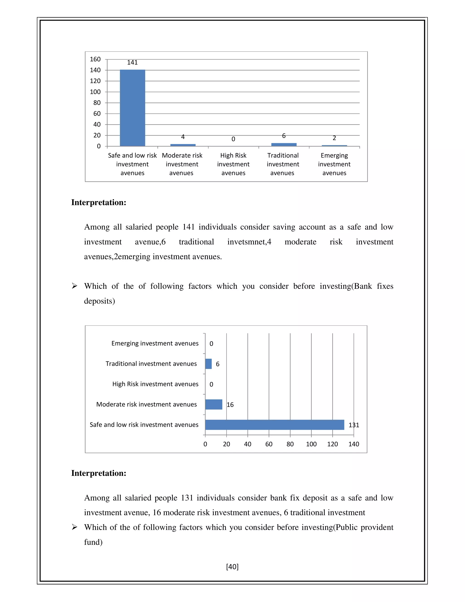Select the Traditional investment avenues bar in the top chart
coord(284,144)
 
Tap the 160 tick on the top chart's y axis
coord(95,59)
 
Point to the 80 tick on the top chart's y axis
coord(97,103)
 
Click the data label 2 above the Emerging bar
coord(334,138)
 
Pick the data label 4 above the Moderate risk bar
coord(183,137)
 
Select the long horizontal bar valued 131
coord(275,425)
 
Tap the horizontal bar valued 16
coord(214,404)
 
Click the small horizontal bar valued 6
coord(208,364)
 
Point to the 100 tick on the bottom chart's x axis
coord(311,444)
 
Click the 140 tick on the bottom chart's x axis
coord(354,444)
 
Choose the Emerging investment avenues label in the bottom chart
coord(155,343)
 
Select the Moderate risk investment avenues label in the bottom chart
coord(146,404)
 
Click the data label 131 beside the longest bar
coord(354,425)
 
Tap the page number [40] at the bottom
coord(232,567)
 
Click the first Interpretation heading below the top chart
coord(99,203)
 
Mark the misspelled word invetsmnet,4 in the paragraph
coord(249,242)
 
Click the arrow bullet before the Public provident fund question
coord(74,527)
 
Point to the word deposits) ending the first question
coord(99,301)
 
